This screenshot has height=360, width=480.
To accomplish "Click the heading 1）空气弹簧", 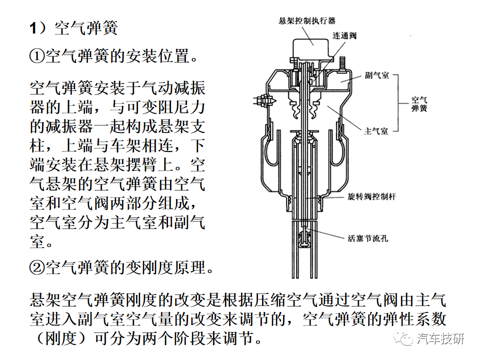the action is (x=73, y=28).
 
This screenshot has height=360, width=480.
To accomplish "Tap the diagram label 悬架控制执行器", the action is (x=306, y=21).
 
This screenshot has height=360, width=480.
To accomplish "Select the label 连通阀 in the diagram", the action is (x=344, y=36).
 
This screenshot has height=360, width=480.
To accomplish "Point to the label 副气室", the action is (x=377, y=75).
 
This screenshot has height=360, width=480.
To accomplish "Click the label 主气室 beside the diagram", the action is (x=376, y=131).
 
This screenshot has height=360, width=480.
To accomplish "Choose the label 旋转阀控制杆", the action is (x=372, y=196).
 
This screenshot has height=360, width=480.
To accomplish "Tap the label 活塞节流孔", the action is (x=368, y=238).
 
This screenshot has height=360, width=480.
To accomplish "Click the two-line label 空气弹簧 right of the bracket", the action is (x=419, y=104).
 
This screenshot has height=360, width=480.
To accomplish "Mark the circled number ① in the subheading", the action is (x=37, y=56).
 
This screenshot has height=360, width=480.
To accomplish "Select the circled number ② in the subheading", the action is (x=37, y=267).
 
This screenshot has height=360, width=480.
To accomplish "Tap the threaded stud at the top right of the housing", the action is (x=342, y=64).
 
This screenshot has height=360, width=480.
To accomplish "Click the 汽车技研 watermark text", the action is (x=440, y=339).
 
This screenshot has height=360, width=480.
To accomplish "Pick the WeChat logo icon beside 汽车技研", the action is (x=403, y=338).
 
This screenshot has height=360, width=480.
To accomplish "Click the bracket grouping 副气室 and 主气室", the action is (x=398, y=103).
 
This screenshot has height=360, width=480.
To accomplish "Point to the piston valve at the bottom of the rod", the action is (x=304, y=239).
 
